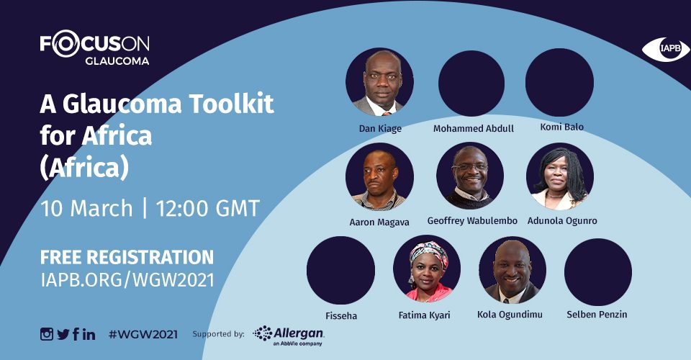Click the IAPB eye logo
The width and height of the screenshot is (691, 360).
pos(665,49)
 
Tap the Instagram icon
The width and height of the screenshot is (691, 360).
pos(47,334)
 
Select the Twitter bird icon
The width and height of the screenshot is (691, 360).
pos(63,335)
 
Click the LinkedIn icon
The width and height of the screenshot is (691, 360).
pos(89,335)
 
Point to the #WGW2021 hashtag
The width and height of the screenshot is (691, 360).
pos(143,335)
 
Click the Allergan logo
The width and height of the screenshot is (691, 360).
pos(289,336)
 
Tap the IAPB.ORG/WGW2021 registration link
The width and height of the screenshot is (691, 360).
pos(127,280)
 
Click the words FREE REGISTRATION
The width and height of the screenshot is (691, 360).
pos(127,257)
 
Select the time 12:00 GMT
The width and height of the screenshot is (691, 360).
pos(207,208)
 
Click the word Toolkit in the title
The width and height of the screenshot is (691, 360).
pos(232,104)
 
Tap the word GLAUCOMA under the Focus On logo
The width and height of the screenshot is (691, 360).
pos(117,61)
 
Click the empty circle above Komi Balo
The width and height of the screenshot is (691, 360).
pos(560,82)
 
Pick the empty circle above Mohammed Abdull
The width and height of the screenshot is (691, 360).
pos(471,84)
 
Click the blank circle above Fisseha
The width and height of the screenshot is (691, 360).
pos(340,271)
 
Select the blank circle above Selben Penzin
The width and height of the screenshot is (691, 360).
pos(598,272)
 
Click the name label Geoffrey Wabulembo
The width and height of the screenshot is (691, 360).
pos(472,221)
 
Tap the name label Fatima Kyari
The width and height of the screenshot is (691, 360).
pos(425,315)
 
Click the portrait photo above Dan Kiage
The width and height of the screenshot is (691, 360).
pos(379,82)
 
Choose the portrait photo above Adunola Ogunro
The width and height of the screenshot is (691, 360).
pos(560,176)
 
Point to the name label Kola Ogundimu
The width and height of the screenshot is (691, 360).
pos(510,315)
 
